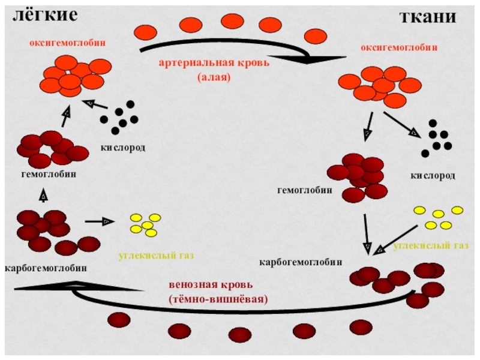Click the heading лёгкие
[x=46, y=16]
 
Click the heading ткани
[x=428, y=17]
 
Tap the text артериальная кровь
[x=214, y=63]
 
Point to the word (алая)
[x=214, y=77]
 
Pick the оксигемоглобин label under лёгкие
[x=68, y=43]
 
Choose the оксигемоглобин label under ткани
[x=399, y=47]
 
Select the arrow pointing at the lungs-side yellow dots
[x=100, y=221]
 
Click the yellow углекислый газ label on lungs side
[x=157, y=256]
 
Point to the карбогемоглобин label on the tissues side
[x=301, y=262]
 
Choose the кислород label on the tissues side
[x=433, y=176]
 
